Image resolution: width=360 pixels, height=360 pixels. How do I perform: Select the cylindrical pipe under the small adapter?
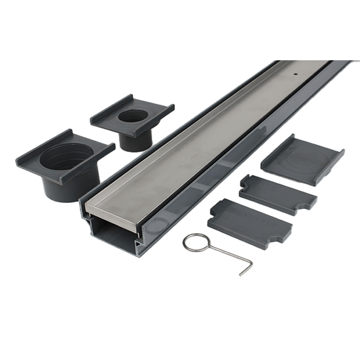point(134,140)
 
